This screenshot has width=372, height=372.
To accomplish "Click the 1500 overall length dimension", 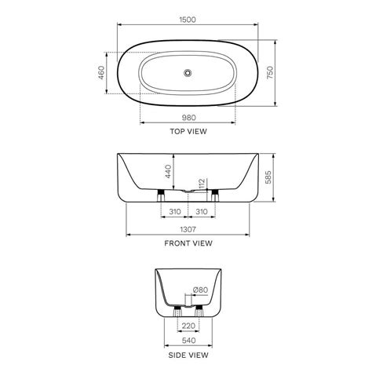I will click(188, 16).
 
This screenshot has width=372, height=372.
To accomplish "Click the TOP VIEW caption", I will click(188, 132).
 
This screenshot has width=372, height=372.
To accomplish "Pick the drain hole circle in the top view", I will click(188, 74).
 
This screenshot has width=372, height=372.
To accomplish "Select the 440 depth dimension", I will click(167, 170).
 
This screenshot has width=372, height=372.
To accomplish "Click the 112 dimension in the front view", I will click(202, 183).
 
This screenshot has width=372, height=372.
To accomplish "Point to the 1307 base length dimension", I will click(188, 228).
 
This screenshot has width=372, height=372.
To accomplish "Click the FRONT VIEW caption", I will click(188, 243).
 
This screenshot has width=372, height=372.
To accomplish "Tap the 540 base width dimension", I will click(187, 341).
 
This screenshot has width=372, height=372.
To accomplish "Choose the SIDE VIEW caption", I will click(188, 356).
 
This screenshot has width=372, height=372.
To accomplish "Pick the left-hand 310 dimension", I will click(174, 212).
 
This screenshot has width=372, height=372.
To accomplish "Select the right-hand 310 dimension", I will click(202, 212).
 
